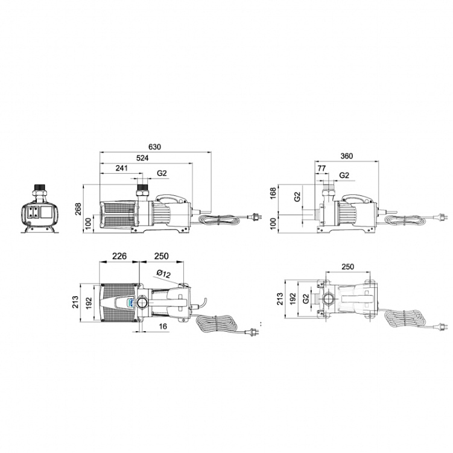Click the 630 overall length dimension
154,147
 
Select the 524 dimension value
142,158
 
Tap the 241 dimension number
121,168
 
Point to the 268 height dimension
78,209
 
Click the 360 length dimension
346,156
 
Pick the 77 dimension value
322,168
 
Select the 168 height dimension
273,193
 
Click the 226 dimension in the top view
119,256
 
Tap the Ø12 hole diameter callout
163,274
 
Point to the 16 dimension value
163,326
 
